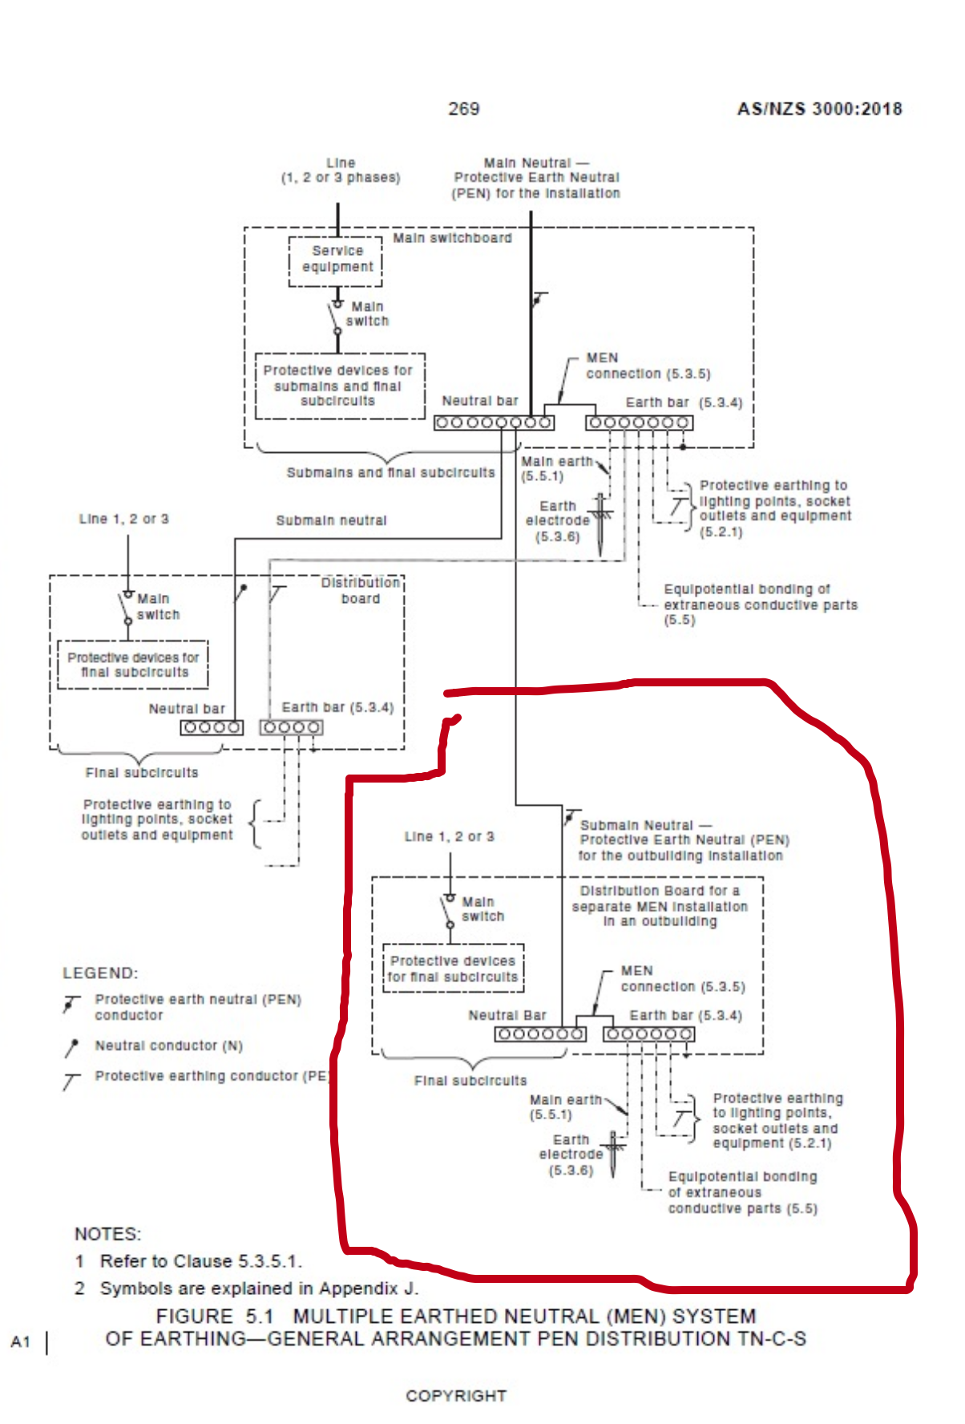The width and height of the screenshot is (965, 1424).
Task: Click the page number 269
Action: tap(463, 108)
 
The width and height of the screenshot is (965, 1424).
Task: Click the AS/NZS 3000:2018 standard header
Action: tap(819, 109)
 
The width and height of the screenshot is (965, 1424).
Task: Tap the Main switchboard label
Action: tap(452, 238)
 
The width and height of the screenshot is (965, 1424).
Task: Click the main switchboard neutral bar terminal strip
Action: tap(494, 423)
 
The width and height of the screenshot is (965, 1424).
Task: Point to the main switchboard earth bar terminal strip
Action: tap(639, 423)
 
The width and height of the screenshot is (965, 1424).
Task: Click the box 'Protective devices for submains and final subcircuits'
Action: tap(339, 386)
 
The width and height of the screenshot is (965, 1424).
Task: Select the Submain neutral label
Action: tap(331, 520)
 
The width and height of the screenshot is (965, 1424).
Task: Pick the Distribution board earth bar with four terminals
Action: tap(291, 727)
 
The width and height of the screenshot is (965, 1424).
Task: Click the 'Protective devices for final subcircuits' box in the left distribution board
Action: tap(133, 665)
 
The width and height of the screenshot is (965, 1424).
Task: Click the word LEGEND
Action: tap(100, 973)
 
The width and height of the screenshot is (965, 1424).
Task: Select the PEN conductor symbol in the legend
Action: tap(72, 1004)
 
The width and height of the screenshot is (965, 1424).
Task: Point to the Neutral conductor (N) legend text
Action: tap(168, 1046)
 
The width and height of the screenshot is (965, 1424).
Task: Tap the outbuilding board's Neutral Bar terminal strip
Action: tap(539, 1034)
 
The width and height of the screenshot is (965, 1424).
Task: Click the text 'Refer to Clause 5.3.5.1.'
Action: tap(200, 1261)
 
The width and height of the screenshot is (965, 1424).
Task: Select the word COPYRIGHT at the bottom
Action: tap(456, 1396)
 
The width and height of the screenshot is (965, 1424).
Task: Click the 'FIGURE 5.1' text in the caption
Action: tap(215, 1317)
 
